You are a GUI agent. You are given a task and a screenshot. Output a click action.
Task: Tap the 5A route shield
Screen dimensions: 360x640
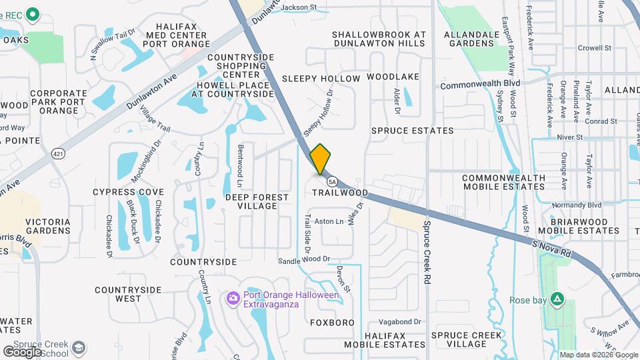331,181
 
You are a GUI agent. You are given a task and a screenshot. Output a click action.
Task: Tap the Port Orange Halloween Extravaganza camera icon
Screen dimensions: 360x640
233,297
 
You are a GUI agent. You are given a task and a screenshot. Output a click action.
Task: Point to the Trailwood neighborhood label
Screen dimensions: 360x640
340,193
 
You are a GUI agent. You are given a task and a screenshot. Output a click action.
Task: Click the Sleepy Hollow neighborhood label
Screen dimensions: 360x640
321,78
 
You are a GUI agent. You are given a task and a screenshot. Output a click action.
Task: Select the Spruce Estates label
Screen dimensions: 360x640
412,131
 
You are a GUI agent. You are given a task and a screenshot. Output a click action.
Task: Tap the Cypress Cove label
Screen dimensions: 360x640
128,192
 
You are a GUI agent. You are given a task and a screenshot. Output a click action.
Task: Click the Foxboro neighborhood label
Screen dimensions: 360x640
332,323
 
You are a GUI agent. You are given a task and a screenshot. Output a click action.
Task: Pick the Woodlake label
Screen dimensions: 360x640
393,77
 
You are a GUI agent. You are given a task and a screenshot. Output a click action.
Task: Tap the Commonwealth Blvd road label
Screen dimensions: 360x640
480,85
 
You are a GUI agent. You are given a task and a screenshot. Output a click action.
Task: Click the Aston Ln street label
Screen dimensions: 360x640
329,221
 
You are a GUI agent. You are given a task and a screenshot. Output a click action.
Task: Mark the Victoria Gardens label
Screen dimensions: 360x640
47,226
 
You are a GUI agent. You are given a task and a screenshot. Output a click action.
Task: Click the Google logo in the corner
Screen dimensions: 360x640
22,351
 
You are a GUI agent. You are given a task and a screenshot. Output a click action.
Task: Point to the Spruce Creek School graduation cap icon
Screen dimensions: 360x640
79,347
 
